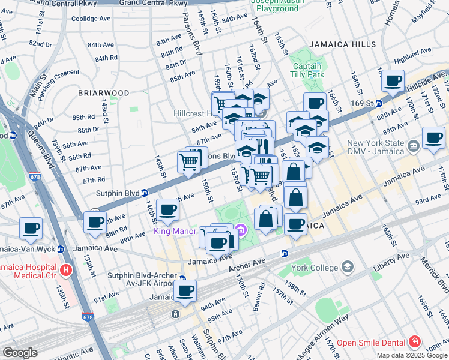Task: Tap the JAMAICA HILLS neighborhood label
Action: [x=343, y=44]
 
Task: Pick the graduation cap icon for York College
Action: [x=347, y=266]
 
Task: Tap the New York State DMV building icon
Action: [x=414, y=146]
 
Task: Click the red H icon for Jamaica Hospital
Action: [x=65, y=271]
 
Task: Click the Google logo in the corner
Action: [x=20, y=353]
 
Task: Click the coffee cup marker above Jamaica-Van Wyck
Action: [x=31, y=229]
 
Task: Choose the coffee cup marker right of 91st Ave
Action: [x=185, y=292]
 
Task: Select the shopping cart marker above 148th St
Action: [x=189, y=161]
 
